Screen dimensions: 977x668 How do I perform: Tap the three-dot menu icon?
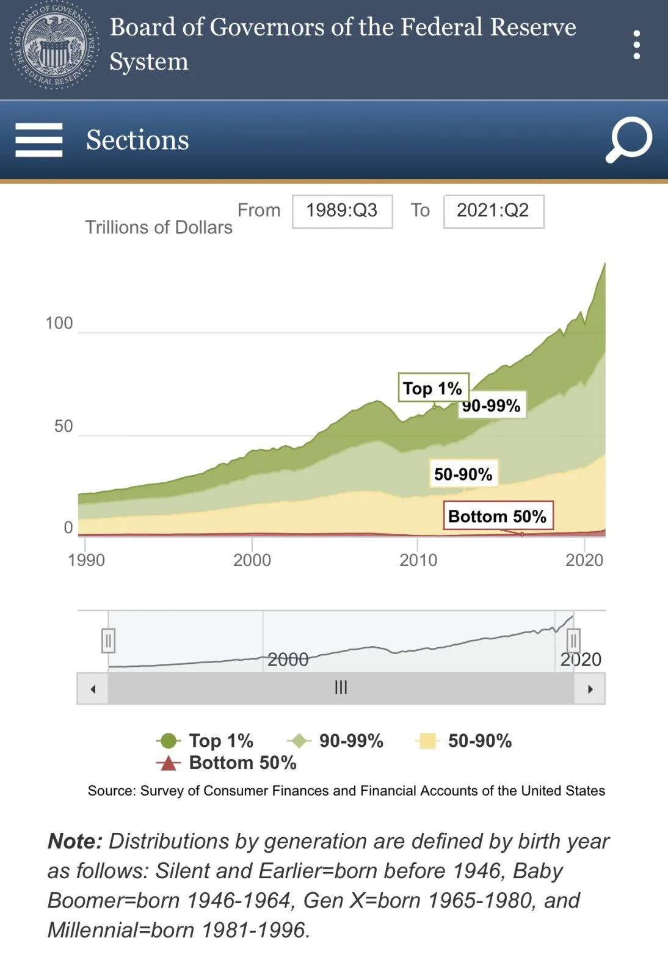click(636, 45)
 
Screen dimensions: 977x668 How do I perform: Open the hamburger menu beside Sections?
click(39, 140)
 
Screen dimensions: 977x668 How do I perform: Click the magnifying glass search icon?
click(629, 140)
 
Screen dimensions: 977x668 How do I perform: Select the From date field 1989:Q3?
click(342, 211)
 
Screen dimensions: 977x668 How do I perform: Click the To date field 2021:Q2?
click(493, 211)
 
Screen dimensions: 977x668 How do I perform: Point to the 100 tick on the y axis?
click(59, 323)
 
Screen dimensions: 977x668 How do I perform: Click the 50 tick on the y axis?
click(64, 426)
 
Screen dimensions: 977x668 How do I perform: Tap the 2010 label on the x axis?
click(418, 560)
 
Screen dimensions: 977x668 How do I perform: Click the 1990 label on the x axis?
click(86, 560)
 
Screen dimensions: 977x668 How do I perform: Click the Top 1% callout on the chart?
click(433, 388)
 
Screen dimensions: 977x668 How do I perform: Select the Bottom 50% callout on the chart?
click(498, 516)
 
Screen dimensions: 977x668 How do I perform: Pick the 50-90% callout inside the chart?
click(463, 474)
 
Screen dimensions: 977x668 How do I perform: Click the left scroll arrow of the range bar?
click(93, 689)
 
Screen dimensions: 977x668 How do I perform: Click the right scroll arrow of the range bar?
click(590, 689)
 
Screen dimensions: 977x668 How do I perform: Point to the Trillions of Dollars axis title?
click(159, 227)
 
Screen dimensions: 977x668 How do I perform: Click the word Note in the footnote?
click(74, 841)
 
